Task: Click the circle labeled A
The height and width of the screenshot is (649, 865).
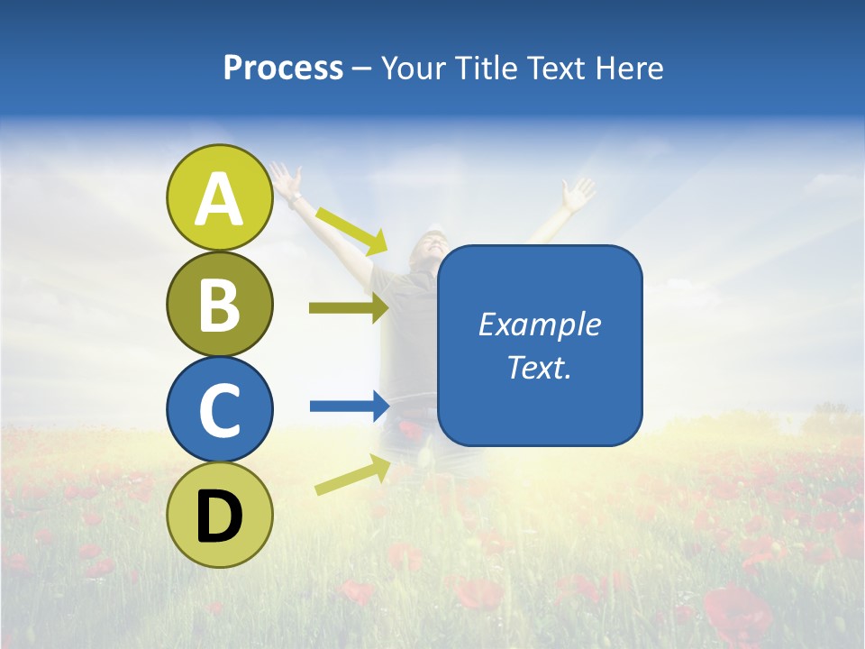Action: (x=220, y=198)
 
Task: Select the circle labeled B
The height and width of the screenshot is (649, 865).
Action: (x=220, y=305)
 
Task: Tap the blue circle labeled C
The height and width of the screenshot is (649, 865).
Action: (x=220, y=409)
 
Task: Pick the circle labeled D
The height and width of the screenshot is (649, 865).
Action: (x=220, y=515)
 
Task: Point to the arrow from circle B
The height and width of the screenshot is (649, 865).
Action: (x=349, y=307)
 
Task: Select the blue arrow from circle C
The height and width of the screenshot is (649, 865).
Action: (x=349, y=406)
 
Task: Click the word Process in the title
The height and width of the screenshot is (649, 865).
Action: (x=283, y=68)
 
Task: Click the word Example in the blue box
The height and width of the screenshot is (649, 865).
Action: (x=539, y=324)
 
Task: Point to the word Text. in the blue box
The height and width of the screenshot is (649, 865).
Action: (x=539, y=367)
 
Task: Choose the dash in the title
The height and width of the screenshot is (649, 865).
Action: (x=361, y=69)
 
